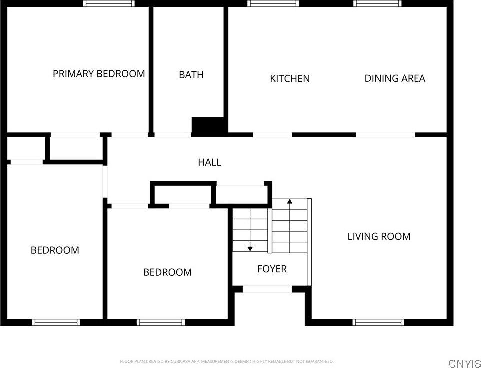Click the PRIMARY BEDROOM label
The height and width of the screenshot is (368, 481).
99,74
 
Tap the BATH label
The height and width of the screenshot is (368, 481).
191,75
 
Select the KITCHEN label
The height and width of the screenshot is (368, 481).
290,79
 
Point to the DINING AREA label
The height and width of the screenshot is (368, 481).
395,78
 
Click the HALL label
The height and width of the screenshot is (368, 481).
209,162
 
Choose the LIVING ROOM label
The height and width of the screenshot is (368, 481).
379,236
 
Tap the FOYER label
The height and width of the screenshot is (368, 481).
272,269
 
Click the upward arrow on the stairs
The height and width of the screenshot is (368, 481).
289,202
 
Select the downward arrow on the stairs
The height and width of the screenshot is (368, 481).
250,248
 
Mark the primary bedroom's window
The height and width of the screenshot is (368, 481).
109,3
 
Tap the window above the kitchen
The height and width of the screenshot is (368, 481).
273,3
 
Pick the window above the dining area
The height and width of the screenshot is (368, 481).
377,3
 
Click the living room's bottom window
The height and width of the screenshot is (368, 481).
378,322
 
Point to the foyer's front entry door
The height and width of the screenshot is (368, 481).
267,289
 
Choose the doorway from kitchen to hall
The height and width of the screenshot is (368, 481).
272,134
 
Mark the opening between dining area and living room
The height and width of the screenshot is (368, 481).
385,134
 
